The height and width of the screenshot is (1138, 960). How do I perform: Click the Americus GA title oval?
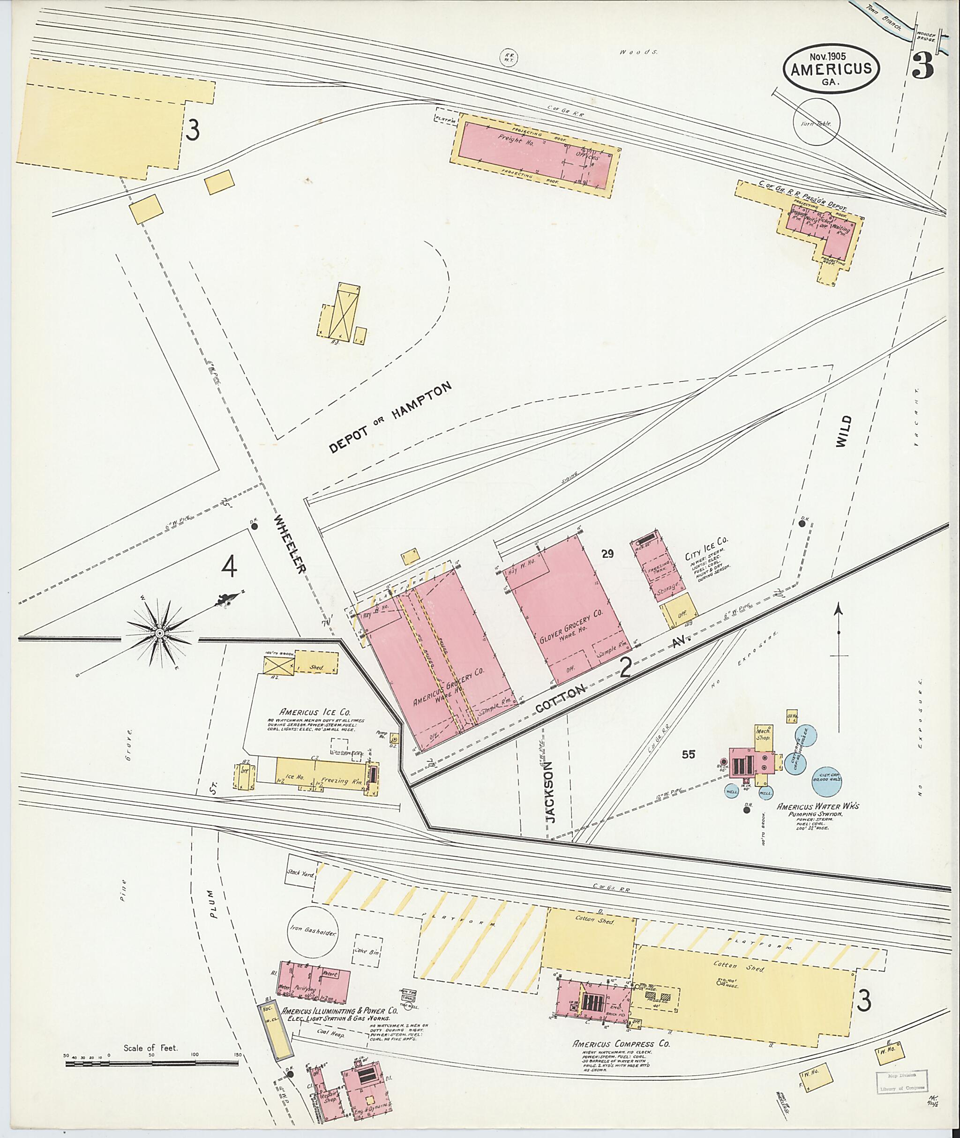(831, 69)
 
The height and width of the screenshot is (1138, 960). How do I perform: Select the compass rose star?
(159, 633)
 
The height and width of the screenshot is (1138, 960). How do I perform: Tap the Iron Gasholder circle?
(313, 932)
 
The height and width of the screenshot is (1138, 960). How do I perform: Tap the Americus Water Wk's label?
(817, 806)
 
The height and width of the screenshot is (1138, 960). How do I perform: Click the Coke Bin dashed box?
(368, 952)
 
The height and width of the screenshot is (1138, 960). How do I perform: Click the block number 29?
(607, 554)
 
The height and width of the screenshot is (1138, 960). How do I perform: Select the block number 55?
(689, 754)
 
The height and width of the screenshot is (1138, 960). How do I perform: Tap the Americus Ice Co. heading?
(315, 712)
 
